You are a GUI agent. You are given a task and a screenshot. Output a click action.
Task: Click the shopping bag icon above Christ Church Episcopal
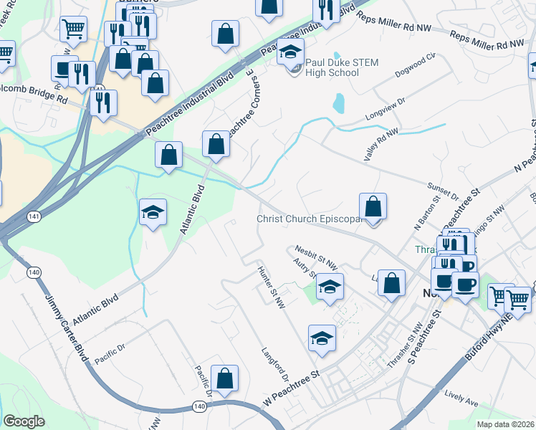(x=373, y=208)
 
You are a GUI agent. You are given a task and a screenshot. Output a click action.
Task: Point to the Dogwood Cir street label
(x=415, y=64)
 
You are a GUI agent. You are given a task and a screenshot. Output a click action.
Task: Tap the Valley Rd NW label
(x=381, y=143)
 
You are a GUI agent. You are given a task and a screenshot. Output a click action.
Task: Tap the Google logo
(x=24, y=421)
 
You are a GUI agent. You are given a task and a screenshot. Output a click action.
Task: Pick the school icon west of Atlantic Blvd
(x=153, y=211)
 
